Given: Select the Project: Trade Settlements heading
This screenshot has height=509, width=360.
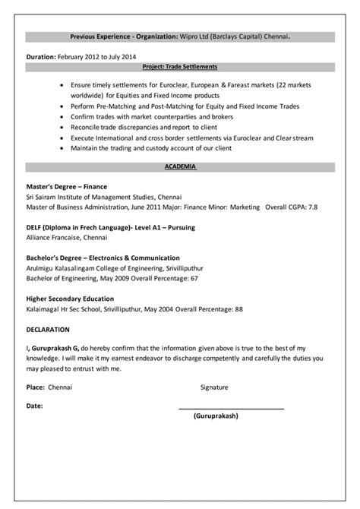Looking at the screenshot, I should tap(179, 67).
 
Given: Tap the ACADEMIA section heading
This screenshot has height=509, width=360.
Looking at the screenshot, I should tap(179, 166).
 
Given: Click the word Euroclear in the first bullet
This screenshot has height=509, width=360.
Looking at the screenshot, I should tap(172, 87).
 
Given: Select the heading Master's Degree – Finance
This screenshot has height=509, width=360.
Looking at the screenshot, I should tap(66, 186).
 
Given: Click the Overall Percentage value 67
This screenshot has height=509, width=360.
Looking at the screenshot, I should tap(194, 278).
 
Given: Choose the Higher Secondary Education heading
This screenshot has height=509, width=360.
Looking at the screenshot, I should tap(70, 299).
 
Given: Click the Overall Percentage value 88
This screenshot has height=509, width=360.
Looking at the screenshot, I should tap(239, 309).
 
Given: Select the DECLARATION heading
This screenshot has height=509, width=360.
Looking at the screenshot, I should tap(48, 330).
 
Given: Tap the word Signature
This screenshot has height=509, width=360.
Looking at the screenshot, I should tap(214, 387).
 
